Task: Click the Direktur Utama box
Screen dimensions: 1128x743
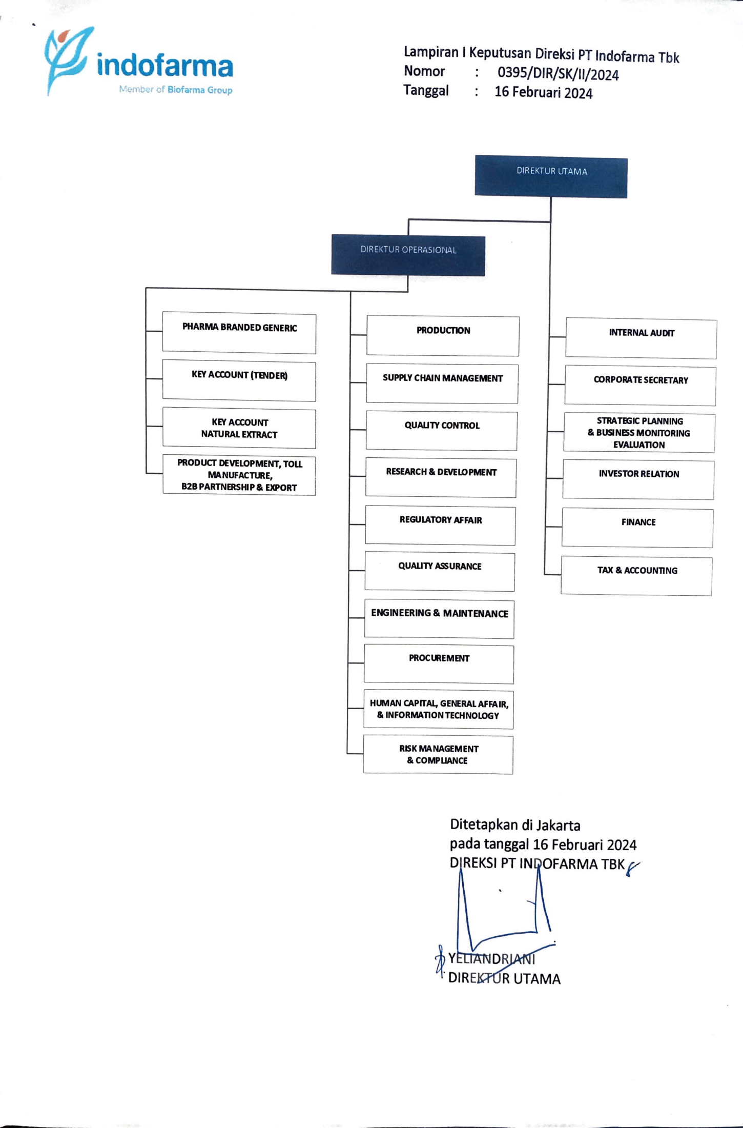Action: coord(551,176)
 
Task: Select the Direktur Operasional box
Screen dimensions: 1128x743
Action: coord(408,255)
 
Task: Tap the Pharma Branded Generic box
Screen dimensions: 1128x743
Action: coord(239,333)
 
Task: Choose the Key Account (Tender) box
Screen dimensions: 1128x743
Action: coord(239,381)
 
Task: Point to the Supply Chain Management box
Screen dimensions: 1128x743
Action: coord(442,384)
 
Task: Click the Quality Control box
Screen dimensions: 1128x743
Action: coord(442,431)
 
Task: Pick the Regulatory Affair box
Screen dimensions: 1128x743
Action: coord(440,526)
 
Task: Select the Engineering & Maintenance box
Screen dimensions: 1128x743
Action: coord(439,619)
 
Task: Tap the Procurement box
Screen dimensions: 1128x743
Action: coord(439,664)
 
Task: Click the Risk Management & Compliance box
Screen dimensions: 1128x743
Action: coord(438,754)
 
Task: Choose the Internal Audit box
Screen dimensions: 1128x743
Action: coord(641,339)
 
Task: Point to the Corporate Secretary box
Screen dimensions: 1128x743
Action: coord(641,386)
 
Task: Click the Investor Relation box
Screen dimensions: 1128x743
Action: coord(638,479)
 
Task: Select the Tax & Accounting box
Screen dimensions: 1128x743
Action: coord(637,576)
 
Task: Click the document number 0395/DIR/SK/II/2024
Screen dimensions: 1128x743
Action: coord(558,74)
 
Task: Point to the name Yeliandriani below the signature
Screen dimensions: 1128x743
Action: coord(491,958)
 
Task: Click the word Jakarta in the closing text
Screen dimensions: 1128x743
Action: coord(558,825)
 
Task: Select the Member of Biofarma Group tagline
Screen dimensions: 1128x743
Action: coord(176,90)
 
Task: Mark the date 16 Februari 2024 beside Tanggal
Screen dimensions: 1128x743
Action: coord(543,93)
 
